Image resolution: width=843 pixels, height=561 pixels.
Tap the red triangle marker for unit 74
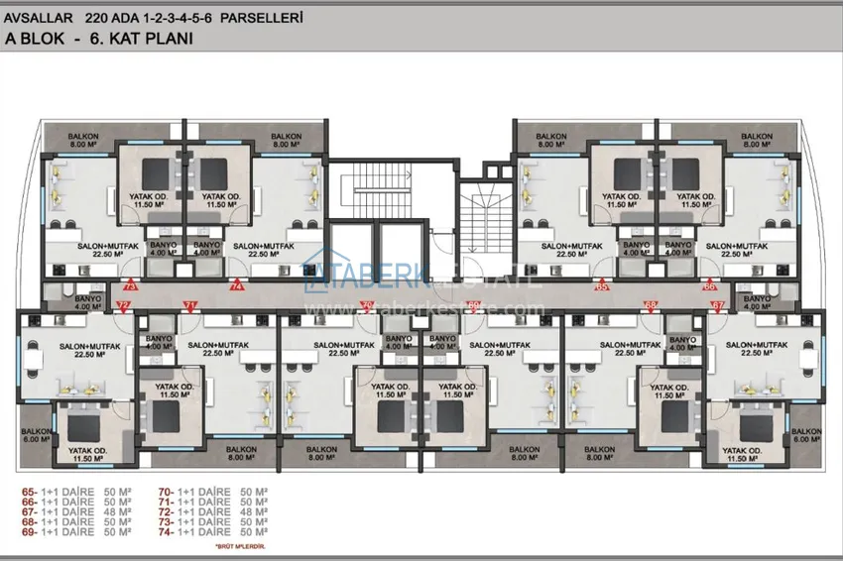[237, 285]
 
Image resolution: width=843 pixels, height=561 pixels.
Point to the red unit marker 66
[709, 285]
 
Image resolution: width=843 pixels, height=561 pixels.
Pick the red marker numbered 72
[123, 305]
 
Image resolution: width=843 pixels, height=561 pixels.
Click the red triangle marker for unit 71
[190, 305]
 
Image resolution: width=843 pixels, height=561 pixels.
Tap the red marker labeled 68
[651, 305]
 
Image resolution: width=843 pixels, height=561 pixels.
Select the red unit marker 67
[718, 305]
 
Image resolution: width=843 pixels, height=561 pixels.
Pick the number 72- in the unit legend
[166, 510]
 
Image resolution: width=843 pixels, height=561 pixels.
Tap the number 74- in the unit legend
[166, 530]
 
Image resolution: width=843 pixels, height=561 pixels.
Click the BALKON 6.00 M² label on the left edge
[36, 436]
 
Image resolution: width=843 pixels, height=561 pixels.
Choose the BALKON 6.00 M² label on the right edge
[806, 436]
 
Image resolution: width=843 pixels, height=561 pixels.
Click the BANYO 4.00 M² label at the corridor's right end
[757, 301]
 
